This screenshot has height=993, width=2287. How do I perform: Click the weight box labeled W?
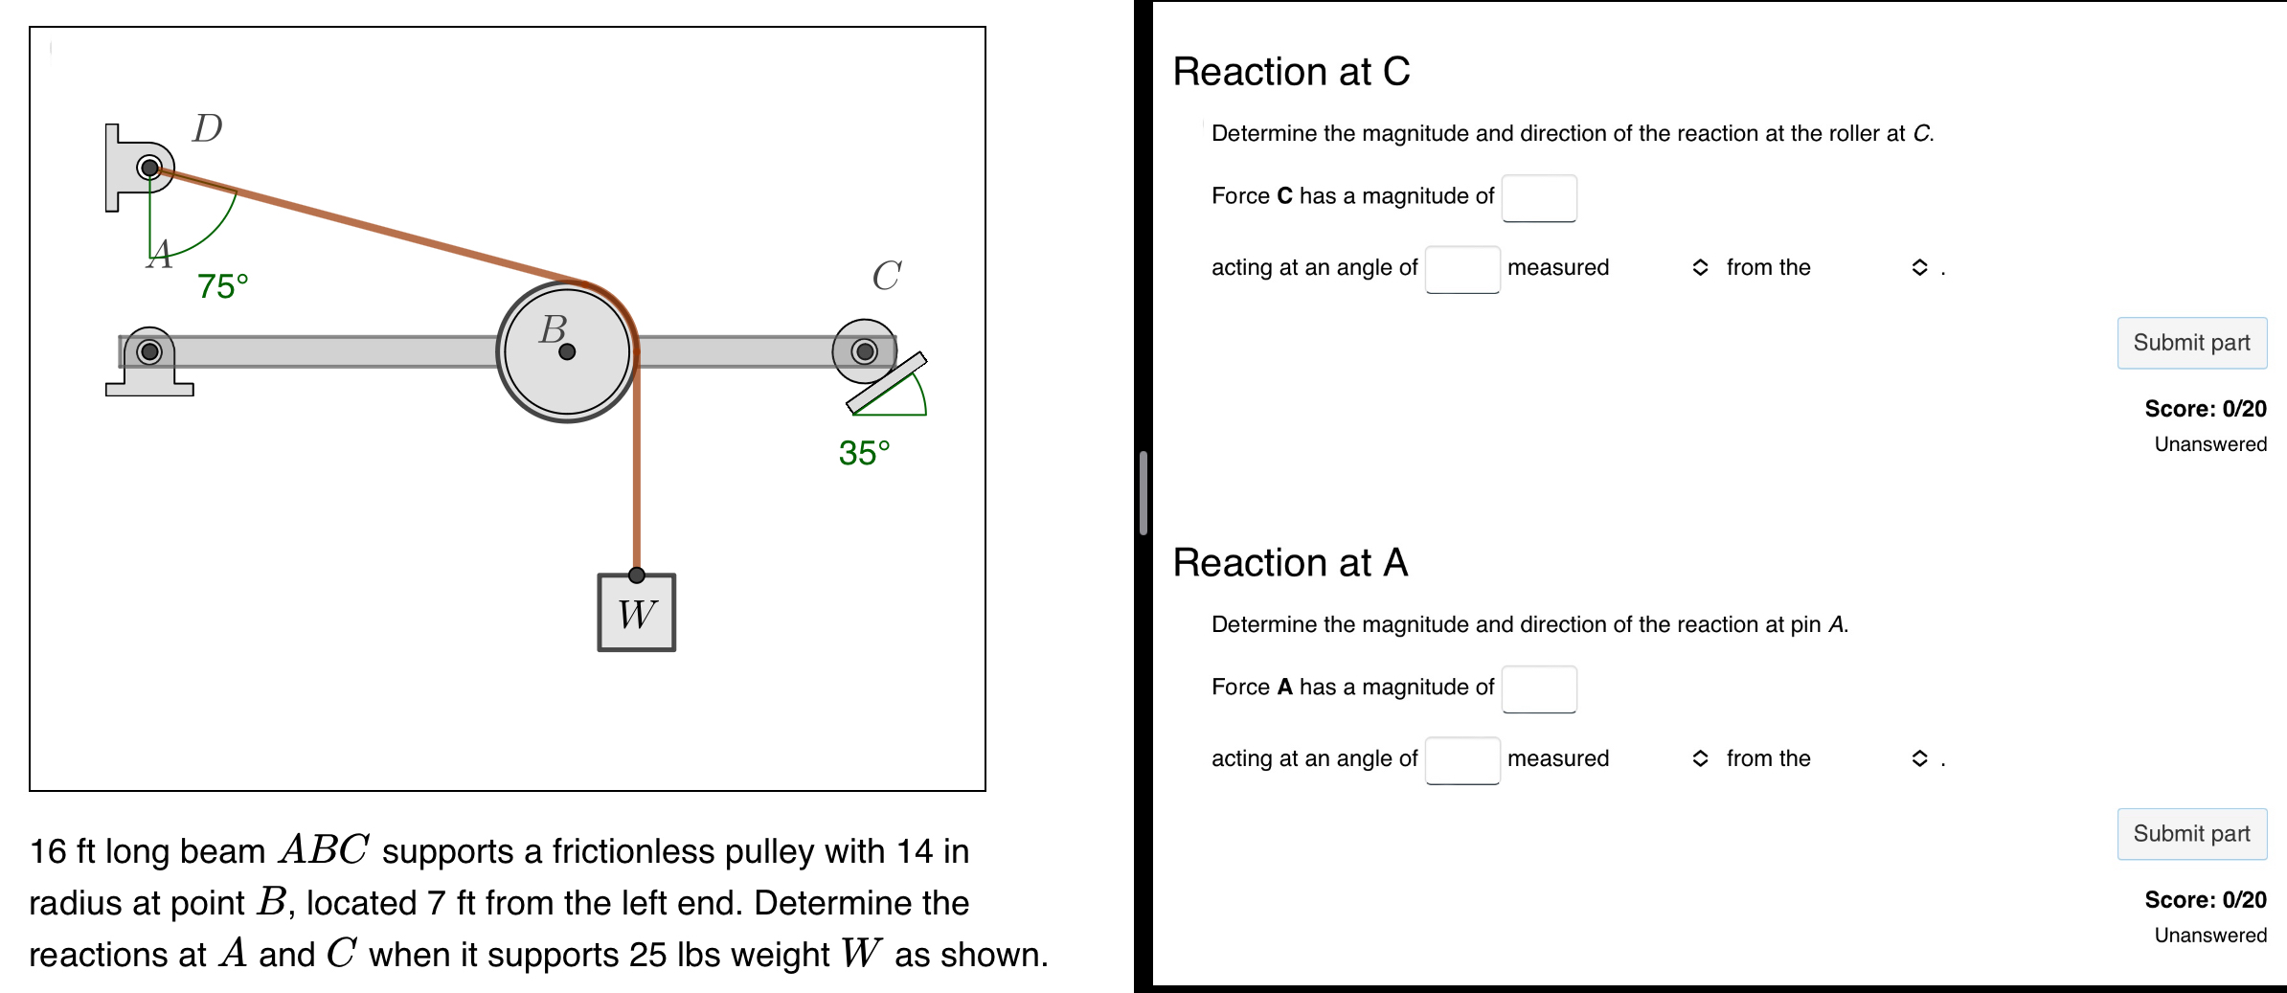[x=637, y=614]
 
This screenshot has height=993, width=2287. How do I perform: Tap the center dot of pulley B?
[x=567, y=351]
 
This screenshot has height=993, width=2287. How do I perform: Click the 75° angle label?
[x=222, y=286]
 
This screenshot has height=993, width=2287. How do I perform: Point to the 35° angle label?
[x=864, y=453]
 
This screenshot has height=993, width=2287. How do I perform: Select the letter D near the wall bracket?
[x=207, y=128]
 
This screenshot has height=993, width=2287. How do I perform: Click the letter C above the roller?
[x=886, y=276]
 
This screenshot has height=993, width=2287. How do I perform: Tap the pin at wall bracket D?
[x=149, y=169]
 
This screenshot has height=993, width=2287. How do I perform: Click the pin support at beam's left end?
[x=149, y=352]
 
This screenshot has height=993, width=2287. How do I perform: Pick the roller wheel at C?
[x=864, y=351]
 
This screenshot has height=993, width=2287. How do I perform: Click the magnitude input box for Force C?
[x=1539, y=198]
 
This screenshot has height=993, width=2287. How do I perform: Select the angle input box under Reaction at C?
[x=1462, y=269]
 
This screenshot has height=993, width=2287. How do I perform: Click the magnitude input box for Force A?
[x=1539, y=689]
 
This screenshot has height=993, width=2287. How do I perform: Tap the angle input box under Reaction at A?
[x=1462, y=760]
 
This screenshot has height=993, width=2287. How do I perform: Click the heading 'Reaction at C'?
[x=1291, y=72]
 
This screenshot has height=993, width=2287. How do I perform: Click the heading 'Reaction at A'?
[x=1290, y=563]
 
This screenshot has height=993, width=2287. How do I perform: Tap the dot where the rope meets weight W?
[x=637, y=575]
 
